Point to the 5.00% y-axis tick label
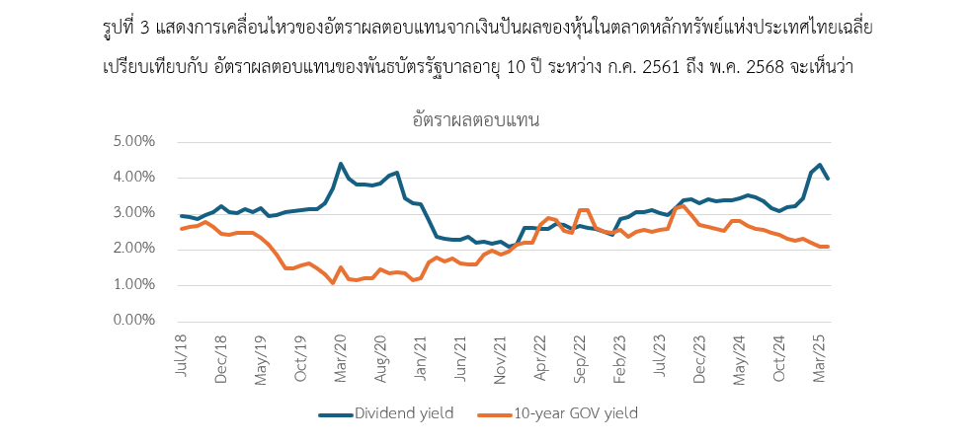(x=136, y=141)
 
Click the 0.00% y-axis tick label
(x=136, y=321)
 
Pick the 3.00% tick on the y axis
(x=136, y=213)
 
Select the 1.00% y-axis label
(x=136, y=285)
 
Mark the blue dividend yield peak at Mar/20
(x=341, y=164)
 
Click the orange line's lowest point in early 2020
(x=333, y=283)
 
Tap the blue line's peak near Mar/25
(x=820, y=165)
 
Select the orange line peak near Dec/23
(x=683, y=205)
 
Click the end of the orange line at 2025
(x=828, y=247)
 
